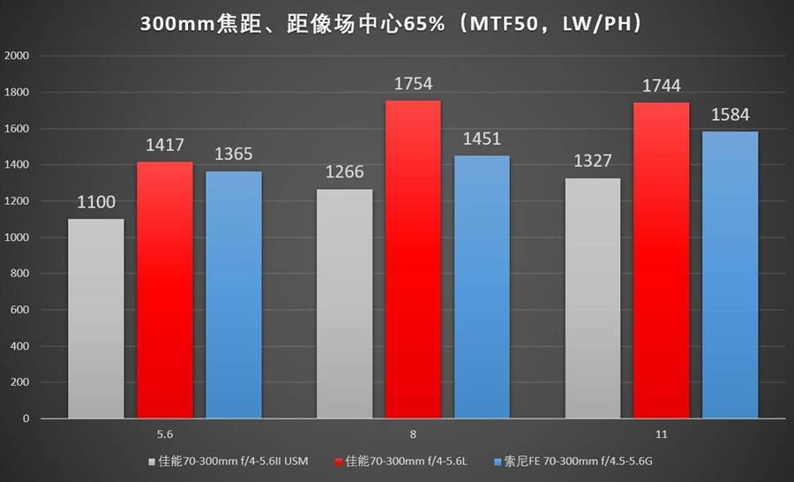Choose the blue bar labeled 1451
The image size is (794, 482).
pyautogui.click(x=482, y=286)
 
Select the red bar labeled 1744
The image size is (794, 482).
pyautogui.click(x=662, y=260)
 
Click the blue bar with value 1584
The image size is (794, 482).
pyautogui.click(x=730, y=275)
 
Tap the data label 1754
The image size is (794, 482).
pyautogui.click(x=413, y=85)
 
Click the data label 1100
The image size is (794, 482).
pyautogui.click(x=95, y=203)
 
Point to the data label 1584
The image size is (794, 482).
pyautogui.click(x=730, y=116)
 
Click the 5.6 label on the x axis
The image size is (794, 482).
pyautogui.click(x=164, y=434)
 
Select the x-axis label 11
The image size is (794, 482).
pyautogui.click(x=662, y=434)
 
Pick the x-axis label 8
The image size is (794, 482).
pyautogui.click(x=413, y=434)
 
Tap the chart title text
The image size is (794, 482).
pyautogui.click(x=397, y=24)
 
